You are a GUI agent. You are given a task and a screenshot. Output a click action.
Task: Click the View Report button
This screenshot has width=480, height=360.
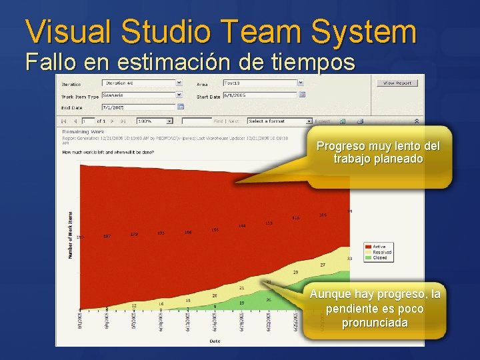point(398,83)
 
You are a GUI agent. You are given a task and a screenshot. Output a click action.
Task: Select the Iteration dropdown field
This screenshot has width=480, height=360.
point(141,83)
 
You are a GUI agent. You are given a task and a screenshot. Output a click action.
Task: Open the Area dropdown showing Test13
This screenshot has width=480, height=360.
point(263,83)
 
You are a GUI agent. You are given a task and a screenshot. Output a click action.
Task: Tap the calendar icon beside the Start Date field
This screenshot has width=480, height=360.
point(302,95)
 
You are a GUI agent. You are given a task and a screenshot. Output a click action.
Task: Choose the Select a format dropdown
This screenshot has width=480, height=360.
point(279,121)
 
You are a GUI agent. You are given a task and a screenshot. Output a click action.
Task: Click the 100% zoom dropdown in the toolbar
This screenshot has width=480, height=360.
point(154,121)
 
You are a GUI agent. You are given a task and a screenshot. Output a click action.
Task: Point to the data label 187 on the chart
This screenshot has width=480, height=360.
point(107,237)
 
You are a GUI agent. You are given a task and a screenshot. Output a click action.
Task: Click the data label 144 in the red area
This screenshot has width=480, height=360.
point(242,226)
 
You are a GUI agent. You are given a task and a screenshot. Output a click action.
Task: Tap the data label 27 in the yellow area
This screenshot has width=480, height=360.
point(322,265)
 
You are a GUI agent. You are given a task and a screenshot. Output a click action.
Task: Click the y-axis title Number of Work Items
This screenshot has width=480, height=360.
point(70,235)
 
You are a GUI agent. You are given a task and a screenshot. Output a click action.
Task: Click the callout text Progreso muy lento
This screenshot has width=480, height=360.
point(377,146)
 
